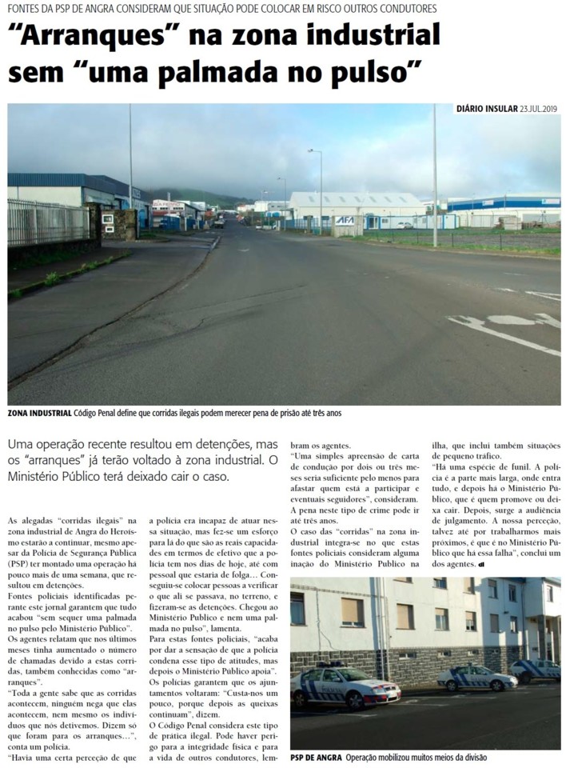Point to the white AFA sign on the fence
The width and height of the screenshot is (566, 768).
345,220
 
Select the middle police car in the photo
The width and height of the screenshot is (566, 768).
477,679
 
